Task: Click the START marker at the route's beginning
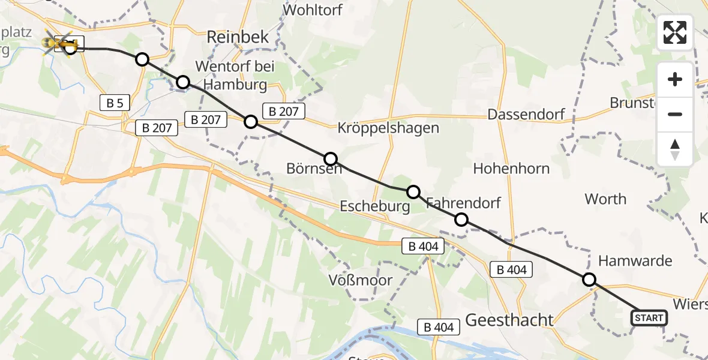(x=649, y=318)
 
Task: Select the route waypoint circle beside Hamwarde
(x=589, y=280)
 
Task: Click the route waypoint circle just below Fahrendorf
(x=461, y=220)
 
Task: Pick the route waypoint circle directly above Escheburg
(x=413, y=192)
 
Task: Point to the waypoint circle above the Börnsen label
(x=331, y=159)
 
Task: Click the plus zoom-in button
(x=675, y=80)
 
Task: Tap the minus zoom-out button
(x=675, y=115)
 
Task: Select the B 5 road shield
(x=115, y=103)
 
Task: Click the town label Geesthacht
(x=509, y=320)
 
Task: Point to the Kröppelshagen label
(x=388, y=128)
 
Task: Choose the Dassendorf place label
(x=527, y=114)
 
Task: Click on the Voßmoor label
(x=361, y=280)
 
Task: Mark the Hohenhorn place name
(x=511, y=169)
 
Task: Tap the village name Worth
(x=605, y=199)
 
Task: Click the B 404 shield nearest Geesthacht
(x=439, y=327)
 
